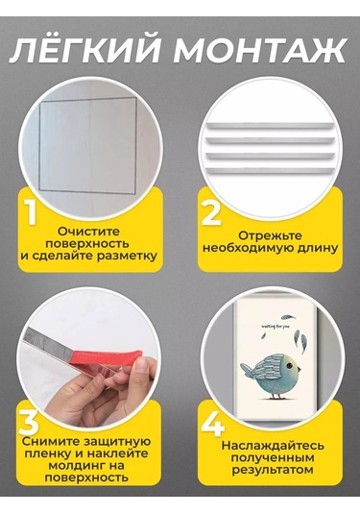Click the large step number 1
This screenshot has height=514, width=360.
(31, 212)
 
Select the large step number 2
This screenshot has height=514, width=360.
(210, 212)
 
